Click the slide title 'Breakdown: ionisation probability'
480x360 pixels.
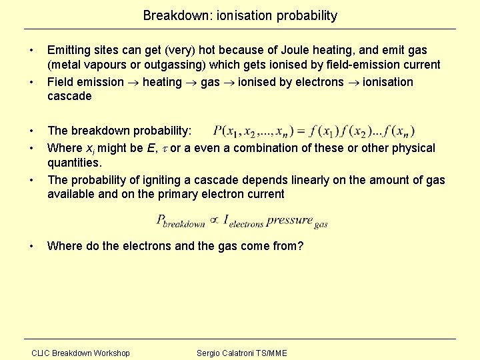click(240, 15)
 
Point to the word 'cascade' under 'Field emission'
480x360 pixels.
click(69, 97)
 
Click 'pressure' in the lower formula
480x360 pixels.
click(289, 219)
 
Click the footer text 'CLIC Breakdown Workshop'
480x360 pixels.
click(81, 353)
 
